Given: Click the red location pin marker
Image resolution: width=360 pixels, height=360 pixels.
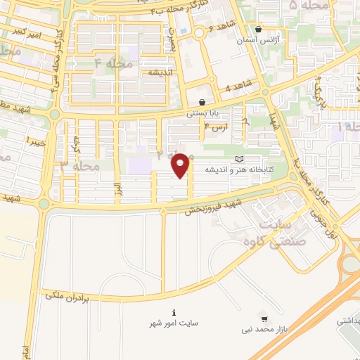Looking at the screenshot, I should click(x=181, y=165).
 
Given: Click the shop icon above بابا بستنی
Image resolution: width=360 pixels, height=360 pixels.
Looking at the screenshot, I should click(x=202, y=102).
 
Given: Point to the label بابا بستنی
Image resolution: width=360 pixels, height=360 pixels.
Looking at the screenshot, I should click(x=202, y=112).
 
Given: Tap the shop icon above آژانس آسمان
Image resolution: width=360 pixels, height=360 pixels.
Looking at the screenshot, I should click(x=259, y=30).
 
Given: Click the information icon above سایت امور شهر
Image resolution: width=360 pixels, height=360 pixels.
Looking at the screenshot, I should click(x=173, y=312).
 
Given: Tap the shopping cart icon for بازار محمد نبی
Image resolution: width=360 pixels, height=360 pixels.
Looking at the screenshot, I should click(x=263, y=319).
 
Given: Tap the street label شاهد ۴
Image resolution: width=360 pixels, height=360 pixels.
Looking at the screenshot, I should click(x=238, y=86).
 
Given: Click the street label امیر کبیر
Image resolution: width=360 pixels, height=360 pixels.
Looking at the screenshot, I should click(x=34, y=34).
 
